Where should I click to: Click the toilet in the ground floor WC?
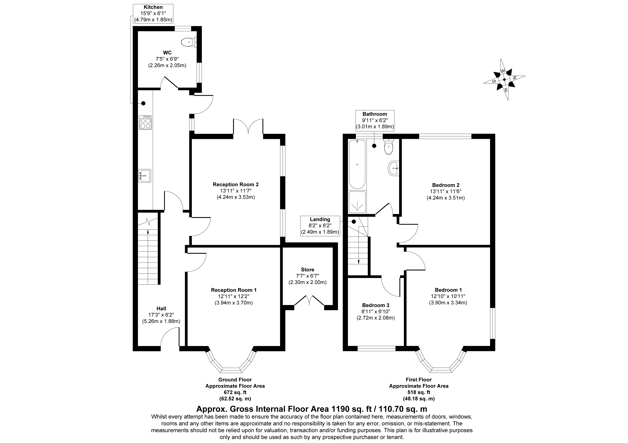189,42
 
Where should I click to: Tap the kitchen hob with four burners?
146,122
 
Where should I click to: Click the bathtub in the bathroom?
357,164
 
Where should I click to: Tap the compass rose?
504,79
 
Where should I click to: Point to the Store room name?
307,270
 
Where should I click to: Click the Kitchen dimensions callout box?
153,13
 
